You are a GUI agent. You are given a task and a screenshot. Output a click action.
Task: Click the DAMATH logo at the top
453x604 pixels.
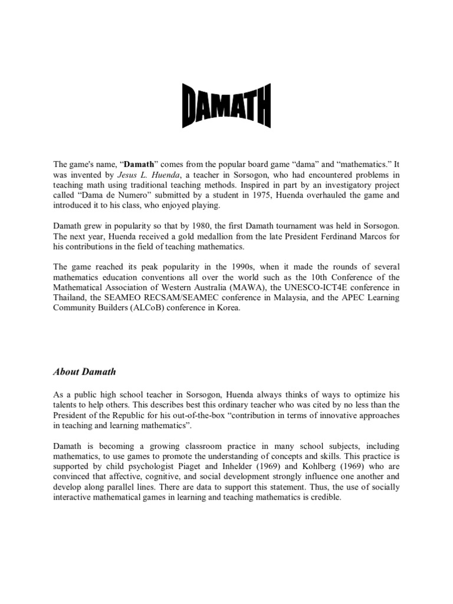click(x=225, y=106)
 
